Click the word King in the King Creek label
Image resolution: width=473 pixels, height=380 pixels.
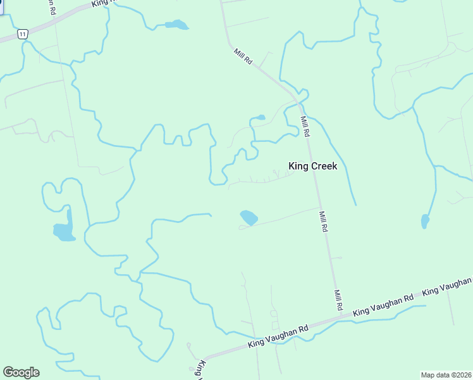point(299,167)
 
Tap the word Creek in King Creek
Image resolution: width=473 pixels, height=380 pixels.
point(324,167)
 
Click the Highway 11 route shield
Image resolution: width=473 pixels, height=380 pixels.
point(22,34)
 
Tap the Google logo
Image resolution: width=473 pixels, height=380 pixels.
point(21,372)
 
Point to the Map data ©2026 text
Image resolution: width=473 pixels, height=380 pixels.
point(446,375)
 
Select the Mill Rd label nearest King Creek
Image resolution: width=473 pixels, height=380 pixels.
point(305,127)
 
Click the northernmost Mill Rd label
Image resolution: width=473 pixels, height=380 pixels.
point(243,57)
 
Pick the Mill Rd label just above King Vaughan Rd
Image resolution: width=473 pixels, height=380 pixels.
point(338,300)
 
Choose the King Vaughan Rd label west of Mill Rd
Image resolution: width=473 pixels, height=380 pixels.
point(278,336)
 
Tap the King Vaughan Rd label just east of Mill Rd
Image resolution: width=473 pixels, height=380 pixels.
point(383,305)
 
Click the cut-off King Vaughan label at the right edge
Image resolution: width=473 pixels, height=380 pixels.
point(447,286)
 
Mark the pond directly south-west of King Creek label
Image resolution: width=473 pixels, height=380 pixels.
point(249,217)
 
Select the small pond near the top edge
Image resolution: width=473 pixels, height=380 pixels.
point(176,25)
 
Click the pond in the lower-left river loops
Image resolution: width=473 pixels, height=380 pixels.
point(64,232)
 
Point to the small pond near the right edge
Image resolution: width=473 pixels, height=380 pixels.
point(425,222)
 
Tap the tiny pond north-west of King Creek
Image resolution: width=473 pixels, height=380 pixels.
point(258,118)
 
